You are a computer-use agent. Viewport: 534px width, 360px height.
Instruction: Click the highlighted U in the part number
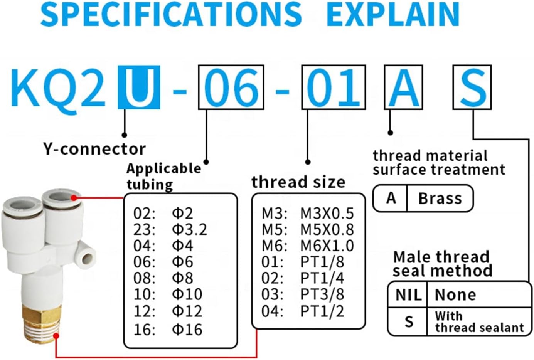(x=139, y=87)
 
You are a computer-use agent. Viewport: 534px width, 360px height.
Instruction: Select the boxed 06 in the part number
(x=231, y=87)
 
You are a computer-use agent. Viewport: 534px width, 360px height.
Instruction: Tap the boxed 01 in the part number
(x=334, y=87)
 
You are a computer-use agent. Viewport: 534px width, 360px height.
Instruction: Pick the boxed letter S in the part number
(x=472, y=87)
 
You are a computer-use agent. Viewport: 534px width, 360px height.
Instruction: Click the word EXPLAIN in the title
(x=393, y=14)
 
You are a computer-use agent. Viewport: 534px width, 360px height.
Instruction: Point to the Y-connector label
(x=94, y=149)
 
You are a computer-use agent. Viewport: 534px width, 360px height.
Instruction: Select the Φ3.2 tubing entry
(x=189, y=229)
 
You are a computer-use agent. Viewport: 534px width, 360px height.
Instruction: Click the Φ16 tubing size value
(x=187, y=329)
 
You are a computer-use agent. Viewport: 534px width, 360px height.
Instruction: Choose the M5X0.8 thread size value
(x=327, y=229)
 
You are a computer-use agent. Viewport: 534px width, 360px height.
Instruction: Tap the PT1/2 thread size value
(x=322, y=311)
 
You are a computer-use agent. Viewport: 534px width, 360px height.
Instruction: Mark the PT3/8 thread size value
(x=322, y=294)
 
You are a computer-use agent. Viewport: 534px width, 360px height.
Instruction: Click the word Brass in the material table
(x=440, y=199)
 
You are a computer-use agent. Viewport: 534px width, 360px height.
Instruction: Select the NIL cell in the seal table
(x=408, y=295)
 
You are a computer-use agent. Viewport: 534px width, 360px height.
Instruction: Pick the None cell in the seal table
(x=455, y=295)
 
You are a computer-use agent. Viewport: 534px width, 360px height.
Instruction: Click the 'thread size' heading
(x=298, y=182)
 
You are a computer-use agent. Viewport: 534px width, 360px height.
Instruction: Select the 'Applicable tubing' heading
(x=163, y=176)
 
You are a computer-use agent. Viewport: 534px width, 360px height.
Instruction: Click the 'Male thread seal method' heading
(x=442, y=264)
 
